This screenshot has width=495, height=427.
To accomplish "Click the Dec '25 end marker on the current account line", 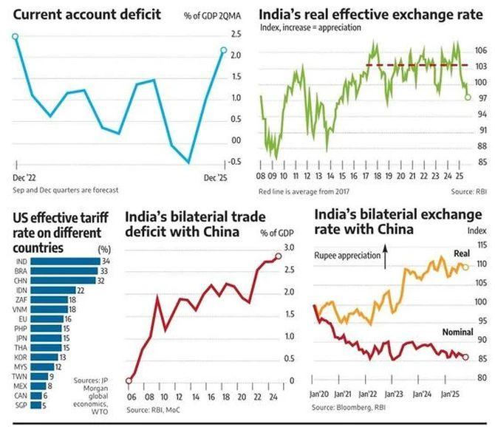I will tap(223, 50).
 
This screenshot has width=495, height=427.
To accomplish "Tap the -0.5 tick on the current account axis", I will tap(236, 163).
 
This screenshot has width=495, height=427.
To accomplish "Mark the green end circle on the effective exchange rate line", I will tap(467, 97).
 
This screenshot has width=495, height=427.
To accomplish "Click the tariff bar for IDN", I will tap(53, 292).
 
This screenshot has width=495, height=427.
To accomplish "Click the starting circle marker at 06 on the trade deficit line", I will tap(131, 380).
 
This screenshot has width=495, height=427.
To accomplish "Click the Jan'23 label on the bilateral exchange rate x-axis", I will tap(392, 394).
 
